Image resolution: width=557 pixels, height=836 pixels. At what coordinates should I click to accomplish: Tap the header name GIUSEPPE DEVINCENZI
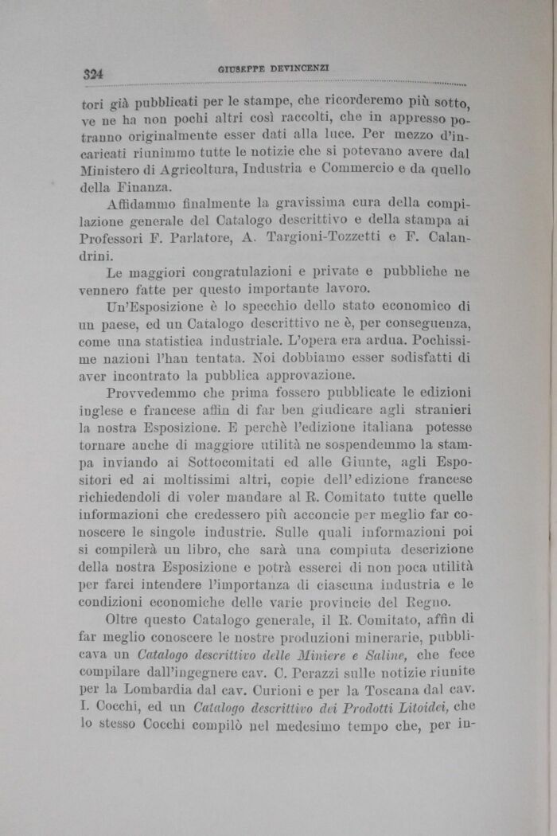click(274, 69)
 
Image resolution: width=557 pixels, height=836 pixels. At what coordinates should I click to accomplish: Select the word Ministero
click(113, 170)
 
